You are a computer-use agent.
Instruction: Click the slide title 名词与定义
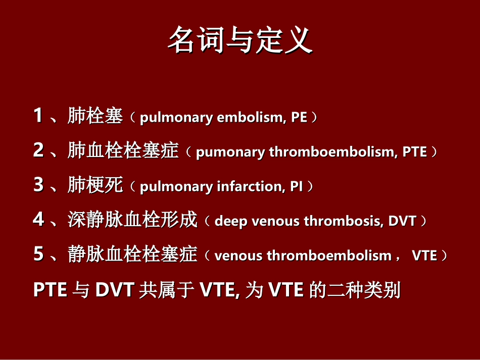(x=239, y=40)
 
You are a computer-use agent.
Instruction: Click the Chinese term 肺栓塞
(x=95, y=117)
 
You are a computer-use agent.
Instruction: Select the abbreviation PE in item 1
(x=299, y=118)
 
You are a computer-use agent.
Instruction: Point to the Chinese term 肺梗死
(x=95, y=186)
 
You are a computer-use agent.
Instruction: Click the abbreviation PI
(x=296, y=186)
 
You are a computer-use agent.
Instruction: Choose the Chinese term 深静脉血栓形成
(x=132, y=221)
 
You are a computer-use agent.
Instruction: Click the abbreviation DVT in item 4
(x=402, y=221)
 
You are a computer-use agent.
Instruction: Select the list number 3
(x=38, y=185)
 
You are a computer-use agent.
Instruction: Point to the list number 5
(x=38, y=254)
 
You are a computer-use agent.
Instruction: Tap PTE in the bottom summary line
(x=50, y=290)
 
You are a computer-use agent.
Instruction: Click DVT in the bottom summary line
(x=115, y=290)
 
